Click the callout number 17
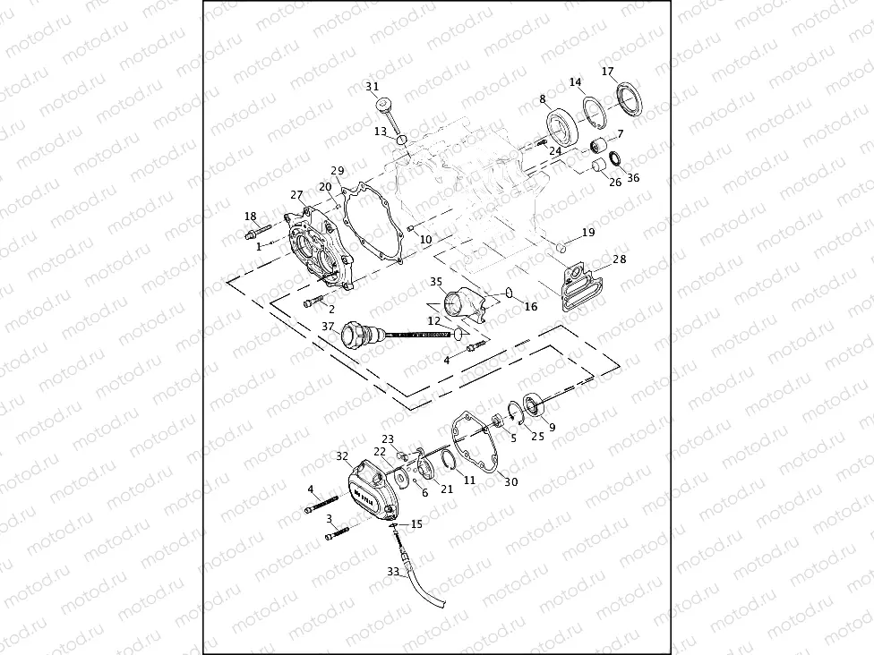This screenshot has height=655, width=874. coord(608,72)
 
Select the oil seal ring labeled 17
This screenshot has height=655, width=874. coord(629,98)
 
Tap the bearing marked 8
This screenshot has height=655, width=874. coord(562,124)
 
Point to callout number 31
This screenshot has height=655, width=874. coord(372,86)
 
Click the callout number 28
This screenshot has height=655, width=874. coord(619,259)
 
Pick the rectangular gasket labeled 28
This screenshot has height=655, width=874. coord(580,286)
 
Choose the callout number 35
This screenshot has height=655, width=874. coord(436,281)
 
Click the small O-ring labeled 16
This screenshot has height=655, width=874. coord(509,292)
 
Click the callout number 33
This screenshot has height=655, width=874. coord(393,571)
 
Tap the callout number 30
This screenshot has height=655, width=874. coord(510,481)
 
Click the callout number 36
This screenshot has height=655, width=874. coord(633,177)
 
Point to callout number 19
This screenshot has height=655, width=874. coord(587,233)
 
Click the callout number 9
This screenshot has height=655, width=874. coord(551,427)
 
